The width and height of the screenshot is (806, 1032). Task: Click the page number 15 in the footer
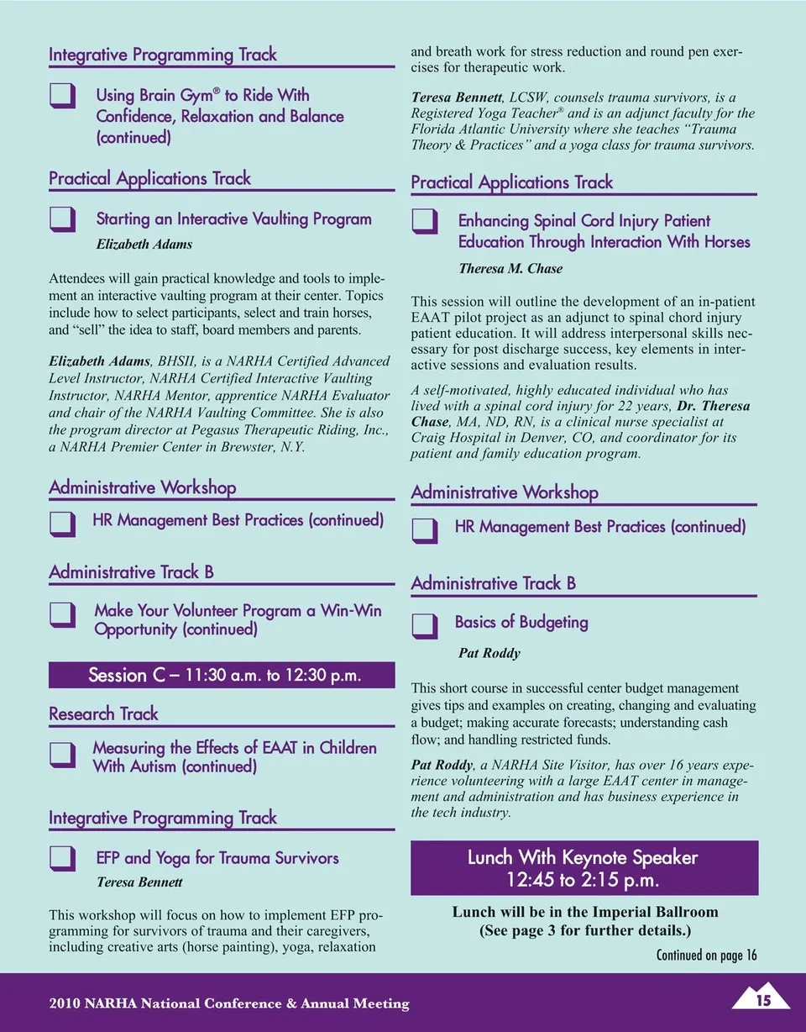762,1000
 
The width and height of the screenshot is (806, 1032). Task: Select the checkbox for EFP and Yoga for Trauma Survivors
62,858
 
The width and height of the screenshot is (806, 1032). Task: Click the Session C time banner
222,676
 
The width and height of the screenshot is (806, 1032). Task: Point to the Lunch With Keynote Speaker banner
584,868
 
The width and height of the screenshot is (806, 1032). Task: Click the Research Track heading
103,714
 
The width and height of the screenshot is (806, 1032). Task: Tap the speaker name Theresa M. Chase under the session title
510,269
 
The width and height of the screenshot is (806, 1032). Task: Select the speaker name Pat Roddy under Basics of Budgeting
489,653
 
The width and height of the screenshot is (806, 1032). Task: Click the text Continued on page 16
706,955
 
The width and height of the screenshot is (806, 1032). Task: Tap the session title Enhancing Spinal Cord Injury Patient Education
604,231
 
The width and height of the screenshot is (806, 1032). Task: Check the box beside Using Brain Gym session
62,97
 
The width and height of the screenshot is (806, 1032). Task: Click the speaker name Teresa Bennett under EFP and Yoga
139,882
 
